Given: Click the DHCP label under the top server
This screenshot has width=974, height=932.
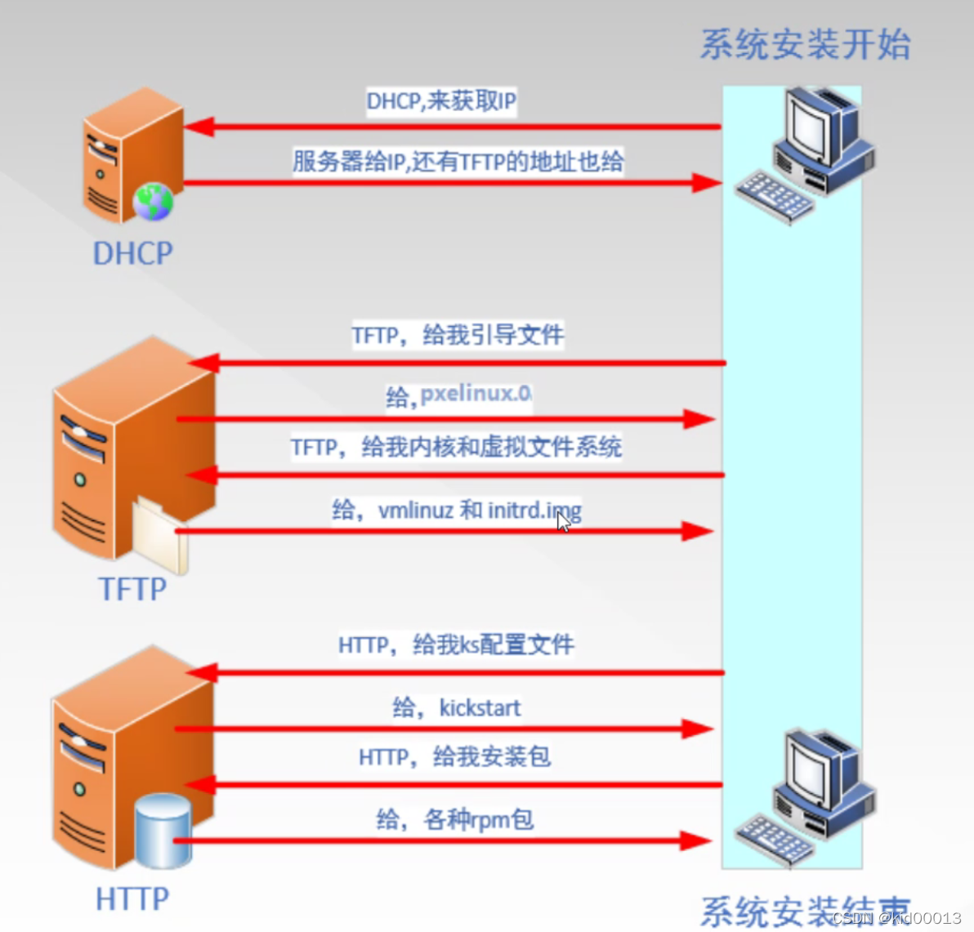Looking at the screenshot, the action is pyautogui.click(x=132, y=253).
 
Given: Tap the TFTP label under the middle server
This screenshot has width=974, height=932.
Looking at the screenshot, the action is pyautogui.click(x=132, y=589).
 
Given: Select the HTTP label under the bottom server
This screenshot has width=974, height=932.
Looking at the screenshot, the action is pyautogui.click(x=132, y=899).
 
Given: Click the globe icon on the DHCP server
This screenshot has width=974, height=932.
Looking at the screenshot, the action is pyautogui.click(x=154, y=202).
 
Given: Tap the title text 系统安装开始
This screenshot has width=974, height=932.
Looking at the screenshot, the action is pyautogui.click(x=805, y=44).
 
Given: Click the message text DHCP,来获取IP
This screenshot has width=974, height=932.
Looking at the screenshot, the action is pyautogui.click(x=441, y=101).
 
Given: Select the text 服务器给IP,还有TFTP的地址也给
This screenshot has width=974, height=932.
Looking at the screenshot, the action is pyautogui.click(x=458, y=161).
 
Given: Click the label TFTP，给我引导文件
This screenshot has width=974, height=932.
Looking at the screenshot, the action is pyautogui.click(x=458, y=335).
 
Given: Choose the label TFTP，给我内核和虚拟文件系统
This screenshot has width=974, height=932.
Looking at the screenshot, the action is pyautogui.click(x=456, y=447).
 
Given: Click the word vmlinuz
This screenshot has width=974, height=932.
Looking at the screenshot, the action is pyautogui.click(x=415, y=511).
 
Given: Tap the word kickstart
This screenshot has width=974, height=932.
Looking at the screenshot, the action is pyautogui.click(x=480, y=707).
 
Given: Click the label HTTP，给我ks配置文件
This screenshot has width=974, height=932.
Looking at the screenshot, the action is pyautogui.click(x=456, y=644).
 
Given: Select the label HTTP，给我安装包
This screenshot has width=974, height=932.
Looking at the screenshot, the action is pyautogui.click(x=454, y=756).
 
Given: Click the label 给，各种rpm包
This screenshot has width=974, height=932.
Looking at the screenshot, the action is pyautogui.click(x=454, y=818).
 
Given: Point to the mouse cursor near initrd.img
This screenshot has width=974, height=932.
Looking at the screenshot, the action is pyautogui.click(x=563, y=521).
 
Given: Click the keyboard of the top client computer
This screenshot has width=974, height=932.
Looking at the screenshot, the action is pyautogui.click(x=774, y=196).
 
